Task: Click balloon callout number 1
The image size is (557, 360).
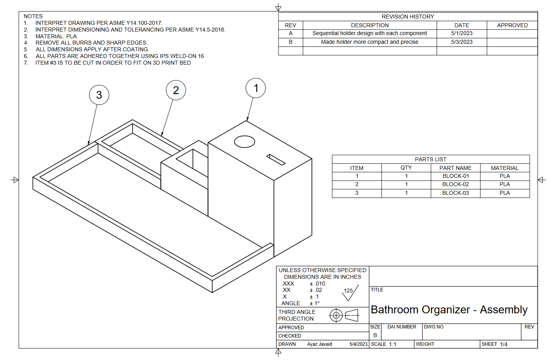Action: click(256, 88)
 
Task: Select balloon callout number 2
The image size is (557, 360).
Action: click(176, 90)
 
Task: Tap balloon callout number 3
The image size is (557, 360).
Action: click(99, 95)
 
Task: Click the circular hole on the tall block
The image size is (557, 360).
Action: click(245, 142)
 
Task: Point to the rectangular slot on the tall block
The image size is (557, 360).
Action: click(276, 159)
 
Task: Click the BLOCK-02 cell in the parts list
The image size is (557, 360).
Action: click(455, 184)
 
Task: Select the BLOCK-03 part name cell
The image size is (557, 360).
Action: click(455, 193)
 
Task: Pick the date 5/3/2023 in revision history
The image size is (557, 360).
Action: click(462, 42)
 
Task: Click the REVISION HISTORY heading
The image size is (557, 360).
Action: click(407, 17)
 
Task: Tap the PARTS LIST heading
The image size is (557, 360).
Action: click(430, 159)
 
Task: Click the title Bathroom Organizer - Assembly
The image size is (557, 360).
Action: click(449, 310)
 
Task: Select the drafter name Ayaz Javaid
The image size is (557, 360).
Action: click(320, 344)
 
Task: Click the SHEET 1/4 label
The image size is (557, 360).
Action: click(494, 344)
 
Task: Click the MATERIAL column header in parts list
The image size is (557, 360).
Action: click(505, 168)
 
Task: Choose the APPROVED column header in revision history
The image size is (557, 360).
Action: click(512, 25)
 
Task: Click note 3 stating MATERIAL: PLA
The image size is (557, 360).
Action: click(56, 36)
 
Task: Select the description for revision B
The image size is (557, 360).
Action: click(370, 42)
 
